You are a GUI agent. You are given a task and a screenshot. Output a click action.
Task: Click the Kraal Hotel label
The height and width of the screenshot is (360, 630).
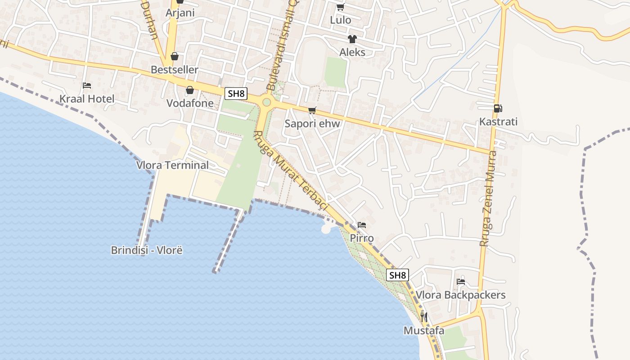(x=87, y=99)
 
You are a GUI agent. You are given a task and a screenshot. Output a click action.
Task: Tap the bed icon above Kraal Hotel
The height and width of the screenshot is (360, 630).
(x=87, y=85)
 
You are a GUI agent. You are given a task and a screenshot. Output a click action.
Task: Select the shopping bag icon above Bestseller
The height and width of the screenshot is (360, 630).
(x=175, y=56)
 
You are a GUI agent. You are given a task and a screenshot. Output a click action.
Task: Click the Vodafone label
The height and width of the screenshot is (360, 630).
(x=190, y=103)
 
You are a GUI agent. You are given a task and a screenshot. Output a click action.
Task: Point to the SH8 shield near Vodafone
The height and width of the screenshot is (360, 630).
(x=236, y=94)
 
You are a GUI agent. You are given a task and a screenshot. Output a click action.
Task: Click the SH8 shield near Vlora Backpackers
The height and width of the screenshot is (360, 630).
(x=398, y=275)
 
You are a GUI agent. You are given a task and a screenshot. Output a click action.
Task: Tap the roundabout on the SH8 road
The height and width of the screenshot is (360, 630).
(x=266, y=102)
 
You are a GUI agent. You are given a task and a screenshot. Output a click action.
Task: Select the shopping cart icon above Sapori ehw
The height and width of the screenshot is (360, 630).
(x=312, y=110)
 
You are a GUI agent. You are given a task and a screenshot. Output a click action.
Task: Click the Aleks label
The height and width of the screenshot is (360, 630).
(x=352, y=52)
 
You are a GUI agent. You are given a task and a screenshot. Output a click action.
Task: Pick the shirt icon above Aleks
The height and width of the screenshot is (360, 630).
(x=352, y=39)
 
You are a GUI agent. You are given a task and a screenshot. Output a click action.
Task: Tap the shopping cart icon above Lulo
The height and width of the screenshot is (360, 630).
(x=341, y=7)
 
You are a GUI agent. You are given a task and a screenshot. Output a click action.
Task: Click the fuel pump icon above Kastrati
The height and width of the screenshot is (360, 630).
(x=498, y=108)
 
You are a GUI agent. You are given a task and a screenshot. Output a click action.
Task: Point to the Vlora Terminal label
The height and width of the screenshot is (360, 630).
(x=172, y=165)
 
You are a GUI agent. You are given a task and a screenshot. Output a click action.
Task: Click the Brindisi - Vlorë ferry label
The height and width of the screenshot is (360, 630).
(x=147, y=250)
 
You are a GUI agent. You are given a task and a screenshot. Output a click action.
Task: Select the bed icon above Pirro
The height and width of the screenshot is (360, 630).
(x=362, y=225)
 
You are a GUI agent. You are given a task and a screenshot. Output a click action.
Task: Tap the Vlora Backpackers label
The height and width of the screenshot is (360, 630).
(x=460, y=295)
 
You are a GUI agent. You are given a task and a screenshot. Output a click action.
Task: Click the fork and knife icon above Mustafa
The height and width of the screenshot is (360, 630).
(x=423, y=317)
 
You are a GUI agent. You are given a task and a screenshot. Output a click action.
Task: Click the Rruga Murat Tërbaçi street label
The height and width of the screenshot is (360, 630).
(x=292, y=171)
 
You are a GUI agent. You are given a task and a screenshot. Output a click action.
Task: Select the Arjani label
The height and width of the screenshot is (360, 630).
(x=180, y=13)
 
